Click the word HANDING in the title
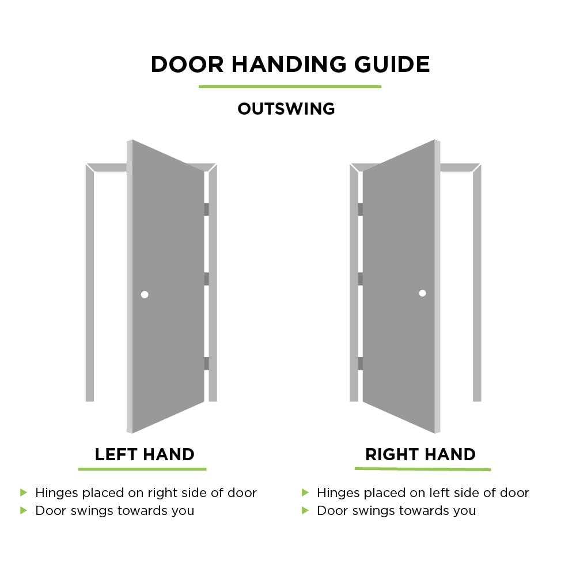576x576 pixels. pyautogui.click(x=289, y=65)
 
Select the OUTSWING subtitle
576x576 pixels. pyautogui.click(x=286, y=109)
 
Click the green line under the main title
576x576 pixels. pyautogui.click(x=290, y=87)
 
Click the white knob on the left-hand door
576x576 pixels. pyautogui.click(x=145, y=294)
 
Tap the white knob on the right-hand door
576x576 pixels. pyautogui.click(x=422, y=293)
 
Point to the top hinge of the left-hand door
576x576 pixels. pyautogui.click(x=206, y=210)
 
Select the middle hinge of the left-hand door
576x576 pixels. pyautogui.click(x=206, y=279)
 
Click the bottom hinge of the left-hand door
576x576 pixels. pyautogui.click(x=206, y=363)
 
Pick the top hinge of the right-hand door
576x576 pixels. pyautogui.click(x=361, y=210)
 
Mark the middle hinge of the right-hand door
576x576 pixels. pyautogui.click(x=361, y=279)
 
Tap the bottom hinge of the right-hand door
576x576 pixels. pyautogui.click(x=361, y=363)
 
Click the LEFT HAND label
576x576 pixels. pyautogui.click(x=145, y=454)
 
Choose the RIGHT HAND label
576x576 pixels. pyautogui.click(x=420, y=454)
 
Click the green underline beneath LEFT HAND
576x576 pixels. pyautogui.click(x=142, y=469)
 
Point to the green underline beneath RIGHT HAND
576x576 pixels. pyautogui.click(x=423, y=469)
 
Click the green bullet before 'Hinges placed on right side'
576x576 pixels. pyautogui.click(x=24, y=492)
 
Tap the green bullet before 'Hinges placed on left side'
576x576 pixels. pyautogui.click(x=305, y=492)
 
